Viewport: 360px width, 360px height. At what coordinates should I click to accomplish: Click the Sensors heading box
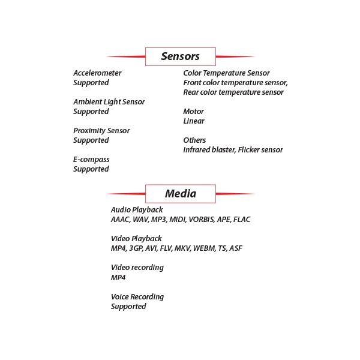(180, 56)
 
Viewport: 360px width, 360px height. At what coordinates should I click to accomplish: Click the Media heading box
(180, 193)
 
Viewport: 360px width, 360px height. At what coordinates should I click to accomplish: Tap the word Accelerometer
(97, 73)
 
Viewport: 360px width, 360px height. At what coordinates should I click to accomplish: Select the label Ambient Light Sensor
(109, 102)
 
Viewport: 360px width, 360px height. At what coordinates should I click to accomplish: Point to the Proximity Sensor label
(101, 131)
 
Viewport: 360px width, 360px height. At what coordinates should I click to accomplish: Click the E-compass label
(91, 160)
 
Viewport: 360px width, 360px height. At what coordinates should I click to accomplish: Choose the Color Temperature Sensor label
(226, 73)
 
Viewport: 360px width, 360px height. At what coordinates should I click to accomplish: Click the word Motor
(193, 112)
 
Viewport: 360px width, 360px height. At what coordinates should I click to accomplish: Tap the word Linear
(193, 121)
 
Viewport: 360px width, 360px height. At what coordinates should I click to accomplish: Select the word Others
(194, 140)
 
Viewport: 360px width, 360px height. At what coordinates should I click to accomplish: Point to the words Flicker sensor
(259, 150)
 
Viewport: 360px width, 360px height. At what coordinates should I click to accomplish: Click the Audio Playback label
(137, 210)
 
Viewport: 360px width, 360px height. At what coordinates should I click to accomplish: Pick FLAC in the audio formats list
(241, 220)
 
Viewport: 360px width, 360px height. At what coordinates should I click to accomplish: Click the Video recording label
(137, 268)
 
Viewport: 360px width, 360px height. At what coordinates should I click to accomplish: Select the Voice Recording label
(137, 297)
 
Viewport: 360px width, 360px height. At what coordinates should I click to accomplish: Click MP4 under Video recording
(118, 278)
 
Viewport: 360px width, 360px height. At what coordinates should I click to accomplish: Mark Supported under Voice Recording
(128, 307)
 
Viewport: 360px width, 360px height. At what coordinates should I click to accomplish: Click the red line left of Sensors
(126, 56)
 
